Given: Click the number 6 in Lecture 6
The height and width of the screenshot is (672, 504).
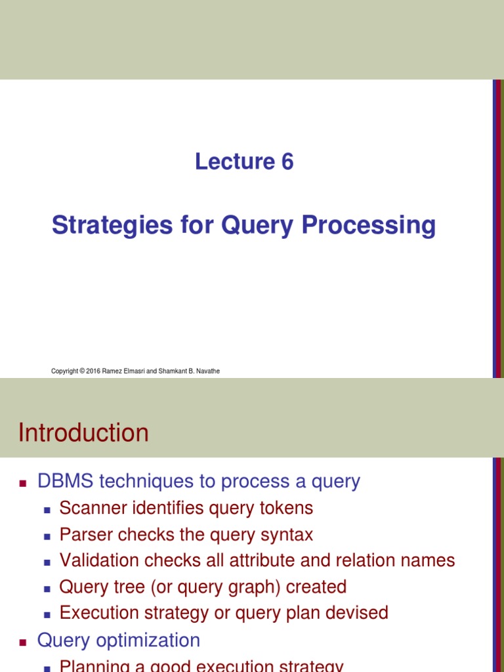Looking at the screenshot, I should tap(286, 161).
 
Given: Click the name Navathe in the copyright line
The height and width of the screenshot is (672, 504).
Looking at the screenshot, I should tap(207, 371).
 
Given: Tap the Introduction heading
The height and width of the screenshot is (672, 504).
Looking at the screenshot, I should tap(83, 433).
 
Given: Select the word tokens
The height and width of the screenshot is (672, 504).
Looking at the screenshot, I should tap(286, 508).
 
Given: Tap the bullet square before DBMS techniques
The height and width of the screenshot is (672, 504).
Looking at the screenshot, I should tap(23, 483).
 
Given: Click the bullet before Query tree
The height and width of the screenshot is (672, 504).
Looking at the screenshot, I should tap(47, 588).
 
